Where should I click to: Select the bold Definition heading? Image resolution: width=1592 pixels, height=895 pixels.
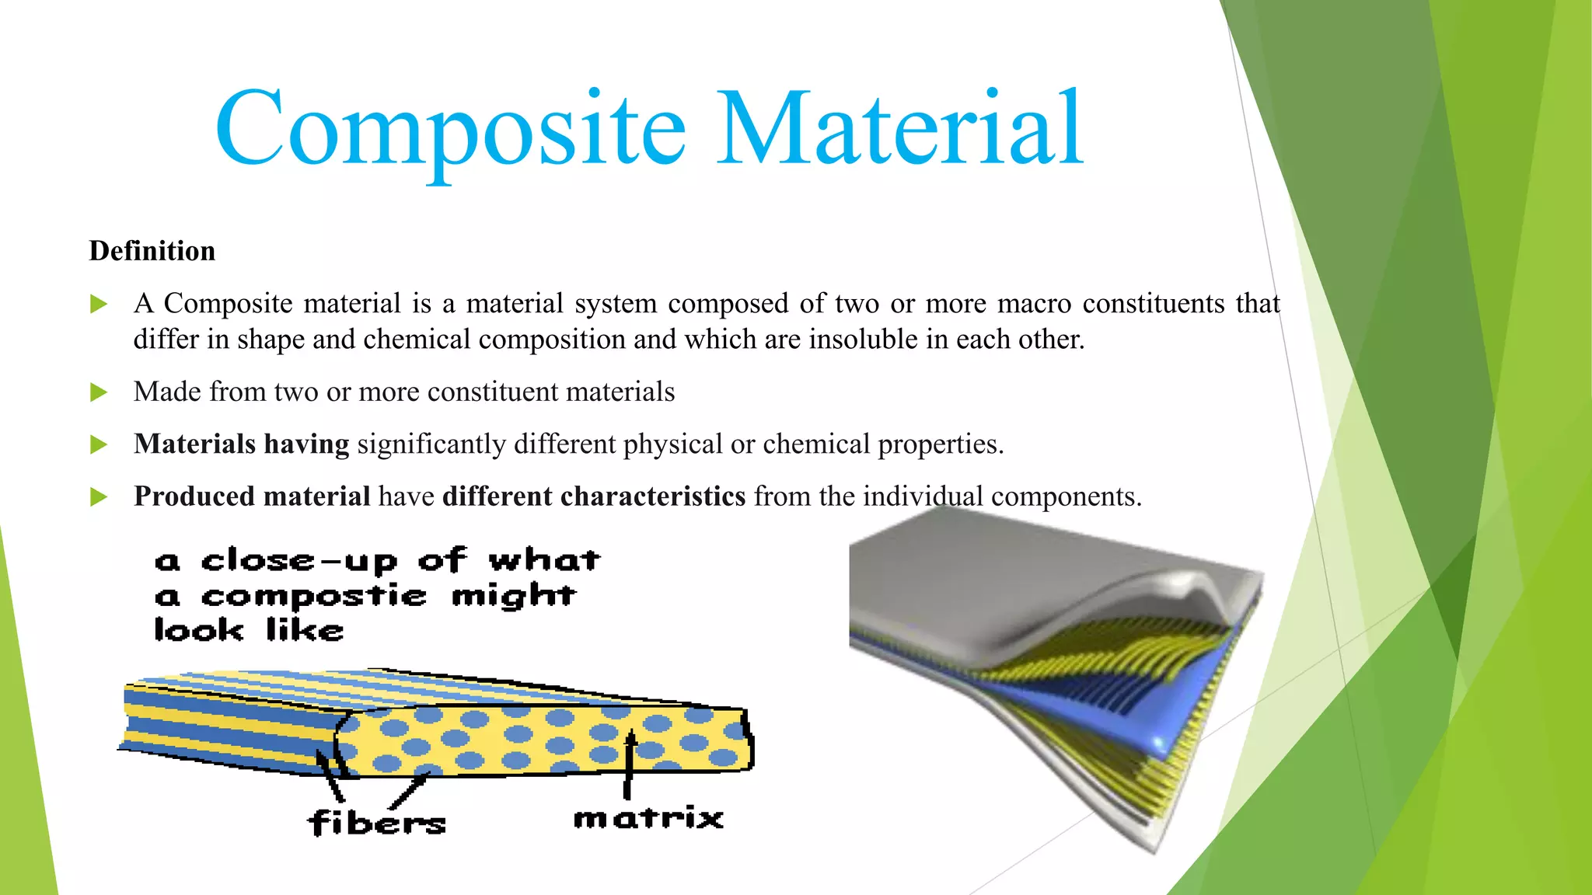[152, 251]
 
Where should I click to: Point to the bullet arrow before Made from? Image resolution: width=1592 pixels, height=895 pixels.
[99, 392]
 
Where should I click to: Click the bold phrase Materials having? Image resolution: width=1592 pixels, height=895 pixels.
[241, 444]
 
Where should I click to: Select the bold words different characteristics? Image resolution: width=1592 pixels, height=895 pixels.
[594, 496]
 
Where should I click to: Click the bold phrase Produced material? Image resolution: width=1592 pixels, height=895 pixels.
[252, 496]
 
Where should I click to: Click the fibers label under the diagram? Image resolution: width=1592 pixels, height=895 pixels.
[377, 823]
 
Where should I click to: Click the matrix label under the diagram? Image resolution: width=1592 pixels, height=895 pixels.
[648, 818]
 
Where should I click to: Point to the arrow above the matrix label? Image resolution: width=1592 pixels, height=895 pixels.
[628, 765]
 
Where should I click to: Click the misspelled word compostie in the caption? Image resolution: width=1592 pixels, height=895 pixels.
[314, 597]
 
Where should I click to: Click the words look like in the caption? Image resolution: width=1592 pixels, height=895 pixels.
[249, 630]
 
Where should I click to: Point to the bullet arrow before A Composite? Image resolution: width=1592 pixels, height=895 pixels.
[99, 304]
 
